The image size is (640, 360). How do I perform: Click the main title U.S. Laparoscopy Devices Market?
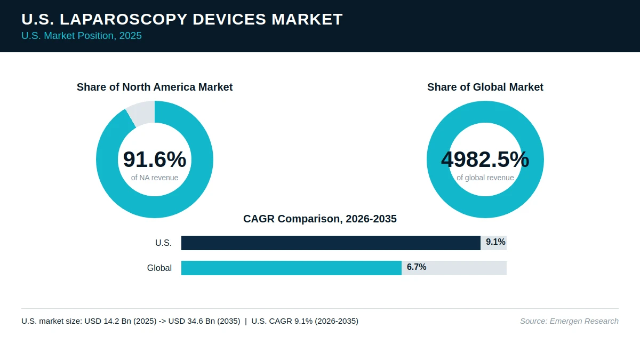pyautogui.click(x=182, y=19)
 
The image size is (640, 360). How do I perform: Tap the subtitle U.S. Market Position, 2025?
pyautogui.click(x=82, y=36)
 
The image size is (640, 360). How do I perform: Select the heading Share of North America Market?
pyautogui.click(x=155, y=87)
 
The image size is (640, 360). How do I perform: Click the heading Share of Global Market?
pyautogui.click(x=485, y=87)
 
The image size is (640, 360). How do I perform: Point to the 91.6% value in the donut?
pyautogui.click(x=155, y=159)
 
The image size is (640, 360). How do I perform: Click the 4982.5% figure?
pyautogui.click(x=485, y=159)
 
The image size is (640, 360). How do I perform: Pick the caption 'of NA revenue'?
pyautogui.click(x=155, y=178)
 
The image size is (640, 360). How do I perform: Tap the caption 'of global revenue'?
pyautogui.click(x=485, y=178)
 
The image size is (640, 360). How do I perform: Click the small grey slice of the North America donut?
pyautogui.click(x=142, y=113)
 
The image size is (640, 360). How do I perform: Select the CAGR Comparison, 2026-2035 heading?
pyautogui.click(x=320, y=219)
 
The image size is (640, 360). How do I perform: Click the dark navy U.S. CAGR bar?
pyautogui.click(x=331, y=243)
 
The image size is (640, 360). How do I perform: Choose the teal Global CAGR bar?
pyautogui.click(x=291, y=268)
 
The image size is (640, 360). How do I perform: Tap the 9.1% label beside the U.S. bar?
pyautogui.click(x=495, y=242)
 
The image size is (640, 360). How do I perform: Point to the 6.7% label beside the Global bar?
pyautogui.click(x=417, y=267)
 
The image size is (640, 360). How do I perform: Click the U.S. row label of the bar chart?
pyautogui.click(x=163, y=243)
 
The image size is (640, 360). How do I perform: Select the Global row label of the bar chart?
pyautogui.click(x=159, y=268)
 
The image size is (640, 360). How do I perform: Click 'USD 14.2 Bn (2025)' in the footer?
pyautogui.click(x=121, y=321)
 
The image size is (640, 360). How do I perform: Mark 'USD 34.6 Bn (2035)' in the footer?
pyautogui.click(x=204, y=321)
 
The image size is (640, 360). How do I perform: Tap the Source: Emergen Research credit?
pyautogui.click(x=570, y=321)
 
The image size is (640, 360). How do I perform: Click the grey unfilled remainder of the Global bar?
pyautogui.click(x=454, y=268)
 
